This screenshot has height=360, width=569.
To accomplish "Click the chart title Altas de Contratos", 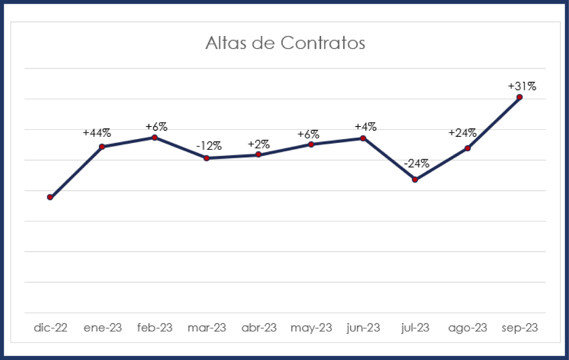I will [285, 43].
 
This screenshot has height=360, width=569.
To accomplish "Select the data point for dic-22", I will [50, 197].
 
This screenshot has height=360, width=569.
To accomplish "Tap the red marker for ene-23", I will [102, 147].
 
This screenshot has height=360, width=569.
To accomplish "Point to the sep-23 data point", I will [520, 97].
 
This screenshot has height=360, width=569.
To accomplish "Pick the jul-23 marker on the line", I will [415, 179].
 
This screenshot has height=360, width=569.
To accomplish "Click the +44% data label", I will [97, 133].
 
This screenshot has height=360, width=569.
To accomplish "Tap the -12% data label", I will [209, 146].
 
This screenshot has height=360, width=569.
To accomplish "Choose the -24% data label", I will [416, 164].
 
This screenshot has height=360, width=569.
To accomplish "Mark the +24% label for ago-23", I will [463, 133].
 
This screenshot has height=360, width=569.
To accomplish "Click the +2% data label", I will [259, 144].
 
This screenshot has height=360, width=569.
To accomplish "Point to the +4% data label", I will [365, 127].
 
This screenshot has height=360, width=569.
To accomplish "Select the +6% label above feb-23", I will [156, 127].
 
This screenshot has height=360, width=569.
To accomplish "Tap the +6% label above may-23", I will [309, 135].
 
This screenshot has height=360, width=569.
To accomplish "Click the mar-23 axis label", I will [207, 328].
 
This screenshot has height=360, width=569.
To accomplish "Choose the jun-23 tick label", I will [364, 328].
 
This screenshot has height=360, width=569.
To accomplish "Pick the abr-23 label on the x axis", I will [259, 328].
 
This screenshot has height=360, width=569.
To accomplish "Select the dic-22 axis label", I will [50, 328].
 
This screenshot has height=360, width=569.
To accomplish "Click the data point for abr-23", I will [259, 155].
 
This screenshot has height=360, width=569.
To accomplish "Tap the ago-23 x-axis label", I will [467, 328].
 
